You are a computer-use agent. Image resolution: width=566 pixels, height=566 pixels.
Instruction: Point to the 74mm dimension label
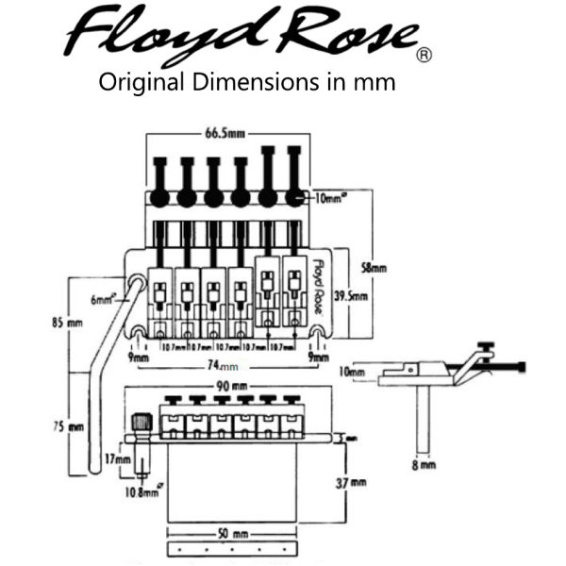pos(228,364)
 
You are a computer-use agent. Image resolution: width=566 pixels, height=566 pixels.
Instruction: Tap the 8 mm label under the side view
pos(425,464)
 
